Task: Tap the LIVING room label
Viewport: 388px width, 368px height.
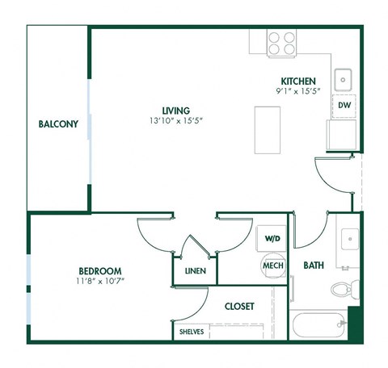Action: point(175,110)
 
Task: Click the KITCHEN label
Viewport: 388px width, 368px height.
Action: point(297,82)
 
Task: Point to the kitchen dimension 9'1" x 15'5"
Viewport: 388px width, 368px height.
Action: point(297,92)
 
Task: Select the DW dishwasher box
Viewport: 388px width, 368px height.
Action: point(344,106)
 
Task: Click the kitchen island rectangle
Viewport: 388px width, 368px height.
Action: point(268,130)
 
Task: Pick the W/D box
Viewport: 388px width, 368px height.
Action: point(272,239)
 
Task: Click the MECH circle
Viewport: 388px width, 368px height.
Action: point(272,265)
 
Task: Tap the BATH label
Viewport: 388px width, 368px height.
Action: point(314,265)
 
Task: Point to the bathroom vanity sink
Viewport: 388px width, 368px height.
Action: point(349,239)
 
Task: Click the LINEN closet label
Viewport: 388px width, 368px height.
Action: point(195,271)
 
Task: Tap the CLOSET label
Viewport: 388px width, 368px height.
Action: point(239,307)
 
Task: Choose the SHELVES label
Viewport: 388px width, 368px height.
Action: point(192,332)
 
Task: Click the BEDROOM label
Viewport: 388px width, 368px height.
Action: point(100,270)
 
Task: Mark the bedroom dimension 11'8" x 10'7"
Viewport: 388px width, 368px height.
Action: point(101,282)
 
